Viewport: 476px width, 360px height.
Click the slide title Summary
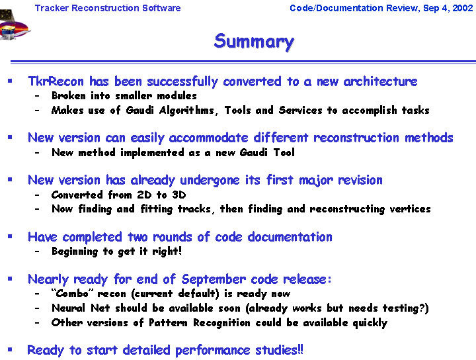[254, 42]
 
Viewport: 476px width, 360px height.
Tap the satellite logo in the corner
[14, 25]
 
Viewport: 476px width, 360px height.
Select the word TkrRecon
[56, 81]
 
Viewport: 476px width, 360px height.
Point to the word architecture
[380, 81]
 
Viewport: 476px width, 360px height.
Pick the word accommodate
[208, 138]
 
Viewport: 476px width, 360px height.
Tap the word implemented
[152, 152]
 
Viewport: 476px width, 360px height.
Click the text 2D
[144, 195]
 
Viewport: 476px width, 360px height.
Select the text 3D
[179, 195]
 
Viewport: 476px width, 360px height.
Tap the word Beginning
[75, 251]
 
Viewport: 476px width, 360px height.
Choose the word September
[214, 279]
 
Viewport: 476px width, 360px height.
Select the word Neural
[69, 308]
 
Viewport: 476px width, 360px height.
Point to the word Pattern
[168, 323]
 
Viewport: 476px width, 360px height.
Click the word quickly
[370, 323]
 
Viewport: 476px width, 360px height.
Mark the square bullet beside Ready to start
[10, 349]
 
